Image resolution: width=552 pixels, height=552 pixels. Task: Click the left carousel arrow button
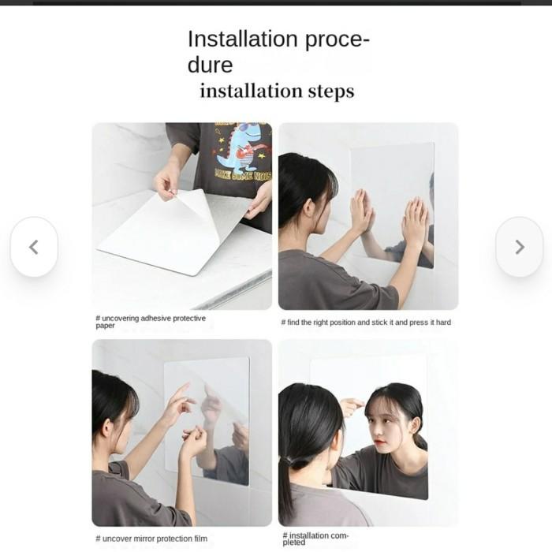34,247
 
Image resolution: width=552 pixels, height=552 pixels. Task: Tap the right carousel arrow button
519,247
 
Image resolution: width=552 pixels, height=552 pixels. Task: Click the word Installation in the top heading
243,39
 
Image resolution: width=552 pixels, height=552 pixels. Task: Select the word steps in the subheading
331,91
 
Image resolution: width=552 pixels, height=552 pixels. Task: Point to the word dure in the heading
211,65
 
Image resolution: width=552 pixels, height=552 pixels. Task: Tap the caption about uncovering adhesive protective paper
151,322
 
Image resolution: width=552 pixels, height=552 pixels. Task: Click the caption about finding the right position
366,322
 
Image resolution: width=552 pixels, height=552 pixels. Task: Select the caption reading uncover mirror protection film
151,539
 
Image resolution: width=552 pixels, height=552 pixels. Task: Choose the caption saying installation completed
315,539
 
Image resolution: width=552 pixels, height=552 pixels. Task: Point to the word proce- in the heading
337,40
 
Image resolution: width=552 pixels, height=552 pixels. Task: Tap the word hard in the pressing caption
443,322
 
